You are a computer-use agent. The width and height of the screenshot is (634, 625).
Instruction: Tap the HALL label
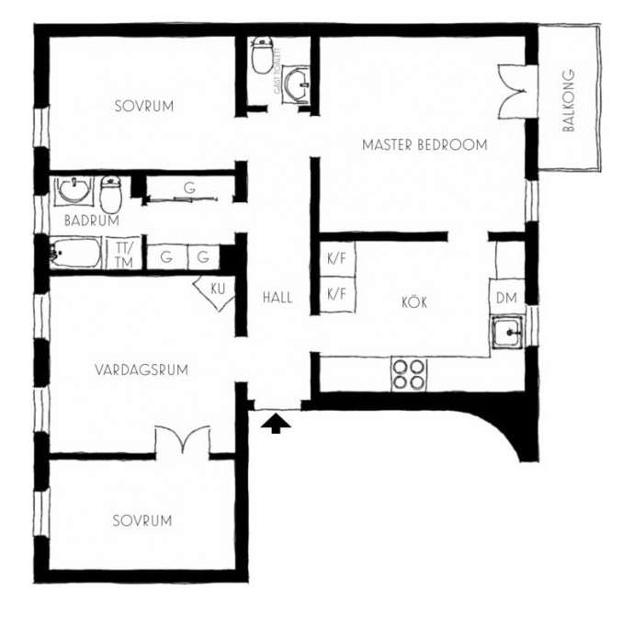pyautogui.click(x=277, y=298)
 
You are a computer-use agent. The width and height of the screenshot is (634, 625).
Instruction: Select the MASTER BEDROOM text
pyautogui.click(x=425, y=145)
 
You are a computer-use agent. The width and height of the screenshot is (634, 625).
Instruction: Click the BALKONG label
pyautogui.click(x=569, y=101)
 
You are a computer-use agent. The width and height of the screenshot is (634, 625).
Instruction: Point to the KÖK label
pyautogui.click(x=414, y=301)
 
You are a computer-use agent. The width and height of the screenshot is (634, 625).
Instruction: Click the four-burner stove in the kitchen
pyautogui.click(x=409, y=375)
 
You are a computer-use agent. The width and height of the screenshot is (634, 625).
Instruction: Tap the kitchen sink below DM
pyautogui.click(x=507, y=332)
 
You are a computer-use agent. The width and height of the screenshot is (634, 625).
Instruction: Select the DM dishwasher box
pyautogui.click(x=507, y=297)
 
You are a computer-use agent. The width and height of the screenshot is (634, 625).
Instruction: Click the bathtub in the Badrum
pyautogui.click(x=75, y=253)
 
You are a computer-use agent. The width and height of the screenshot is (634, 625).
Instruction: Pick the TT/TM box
pyautogui.click(x=124, y=254)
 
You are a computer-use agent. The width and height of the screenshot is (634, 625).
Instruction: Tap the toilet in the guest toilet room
pyautogui.click(x=262, y=55)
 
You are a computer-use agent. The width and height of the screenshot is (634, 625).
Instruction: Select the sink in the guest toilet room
pyautogui.click(x=296, y=82)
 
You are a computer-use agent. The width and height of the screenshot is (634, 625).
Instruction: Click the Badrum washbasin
pyautogui.click(x=74, y=189)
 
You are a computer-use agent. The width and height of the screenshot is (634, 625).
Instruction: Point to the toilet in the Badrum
pyautogui.click(x=111, y=193)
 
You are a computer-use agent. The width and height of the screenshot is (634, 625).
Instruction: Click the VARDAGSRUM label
pyautogui.click(x=142, y=369)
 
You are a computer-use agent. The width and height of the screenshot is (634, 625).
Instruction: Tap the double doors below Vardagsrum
pyautogui.click(x=183, y=441)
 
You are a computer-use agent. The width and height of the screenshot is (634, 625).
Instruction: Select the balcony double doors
pyautogui.click(x=512, y=92)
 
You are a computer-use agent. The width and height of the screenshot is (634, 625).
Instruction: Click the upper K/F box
pyautogui.click(x=337, y=259)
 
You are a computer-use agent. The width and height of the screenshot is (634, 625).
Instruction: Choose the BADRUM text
pyautogui.click(x=92, y=221)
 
